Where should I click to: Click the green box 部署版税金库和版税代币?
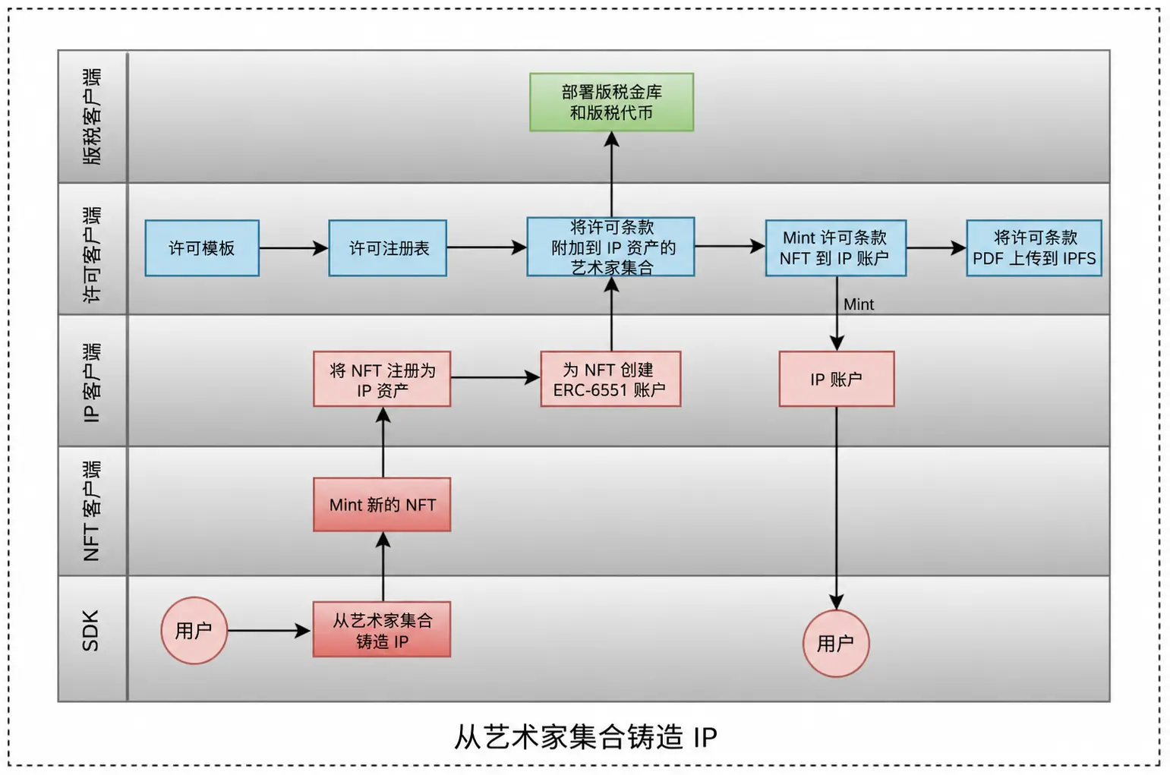(x=612, y=102)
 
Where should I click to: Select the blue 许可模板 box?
(x=202, y=248)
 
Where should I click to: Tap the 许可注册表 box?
(x=387, y=248)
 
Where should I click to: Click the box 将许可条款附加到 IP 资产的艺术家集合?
(x=610, y=247)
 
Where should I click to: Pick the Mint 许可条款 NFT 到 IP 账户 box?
(x=836, y=248)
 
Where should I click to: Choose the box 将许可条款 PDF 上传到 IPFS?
(x=1034, y=248)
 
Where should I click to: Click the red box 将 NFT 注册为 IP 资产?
(x=382, y=379)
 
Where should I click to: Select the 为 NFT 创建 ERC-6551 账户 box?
(x=610, y=379)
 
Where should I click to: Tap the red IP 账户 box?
(x=837, y=379)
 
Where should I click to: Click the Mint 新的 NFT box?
(x=382, y=505)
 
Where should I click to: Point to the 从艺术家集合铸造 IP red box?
(x=382, y=629)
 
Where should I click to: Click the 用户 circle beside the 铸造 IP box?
(x=194, y=630)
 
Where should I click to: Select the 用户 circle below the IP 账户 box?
(x=836, y=644)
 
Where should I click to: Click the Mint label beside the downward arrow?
(x=859, y=304)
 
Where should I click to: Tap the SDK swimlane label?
(x=91, y=630)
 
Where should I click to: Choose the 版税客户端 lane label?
(x=92, y=116)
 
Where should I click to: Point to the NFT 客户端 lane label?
(x=92, y=510)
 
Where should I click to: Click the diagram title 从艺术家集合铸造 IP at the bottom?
(x=585, y=737)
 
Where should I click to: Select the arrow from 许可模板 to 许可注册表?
(x=294, y=248)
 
